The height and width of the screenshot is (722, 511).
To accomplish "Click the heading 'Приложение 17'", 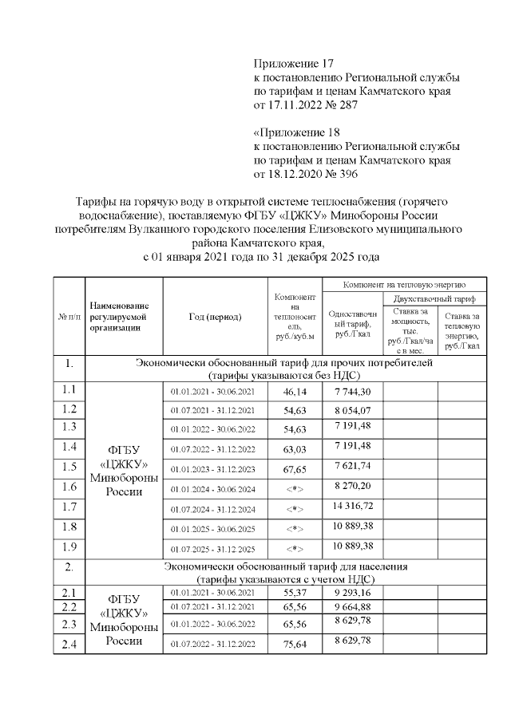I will (x=292, y=63).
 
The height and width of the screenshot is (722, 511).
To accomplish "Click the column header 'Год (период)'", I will (x=215, y=317).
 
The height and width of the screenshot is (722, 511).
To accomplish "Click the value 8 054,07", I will (x=352, y=410).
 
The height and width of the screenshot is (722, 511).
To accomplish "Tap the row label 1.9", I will (x=69, y=546).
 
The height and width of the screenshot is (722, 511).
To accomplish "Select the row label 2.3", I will (x=69, y=623).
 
